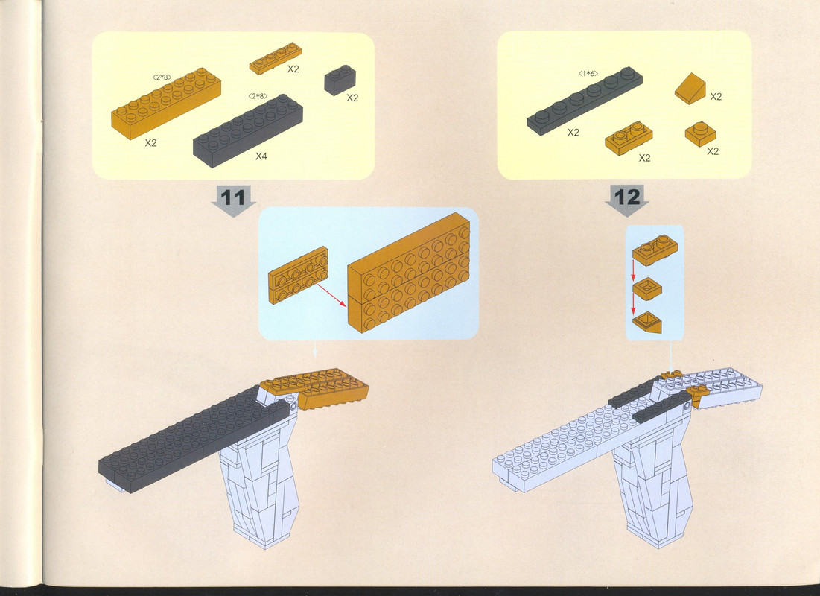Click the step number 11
pos(232,198)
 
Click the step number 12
pos(627,197)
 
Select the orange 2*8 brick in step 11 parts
pos(166,103)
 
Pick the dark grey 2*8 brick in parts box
pos(248,131)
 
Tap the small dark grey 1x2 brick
pos(340,80)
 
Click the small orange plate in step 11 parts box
pos(276,59)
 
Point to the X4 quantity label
pos(261,156)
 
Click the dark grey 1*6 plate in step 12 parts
pos(585,101)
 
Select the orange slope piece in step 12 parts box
pos(690,89)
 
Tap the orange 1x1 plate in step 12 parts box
pos(700,134)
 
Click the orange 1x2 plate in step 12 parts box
pos(629,138)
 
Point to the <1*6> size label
pos(588,74)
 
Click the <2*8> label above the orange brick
pos(162,77)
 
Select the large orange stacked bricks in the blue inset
pos(408,273)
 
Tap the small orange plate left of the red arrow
pos(298,275)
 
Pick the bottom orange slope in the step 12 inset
pos(647,323)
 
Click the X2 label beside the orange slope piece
pos(716,96)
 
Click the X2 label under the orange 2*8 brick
pos(150,143)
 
